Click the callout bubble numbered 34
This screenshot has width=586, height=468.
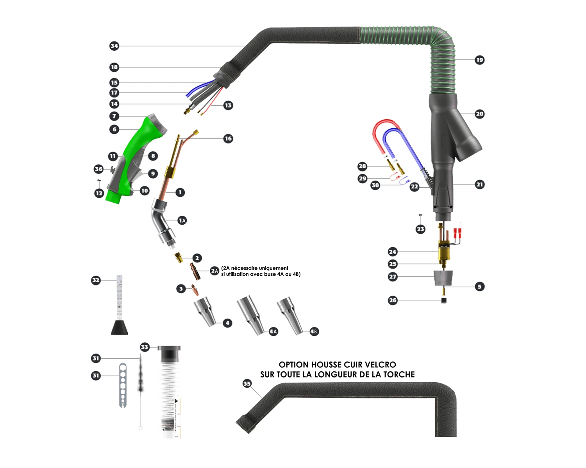[x=114, y=46]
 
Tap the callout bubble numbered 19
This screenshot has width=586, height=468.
[x=479, y=60]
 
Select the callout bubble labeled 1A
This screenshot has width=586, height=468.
[x=182, y=220]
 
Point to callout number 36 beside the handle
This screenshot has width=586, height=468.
[x=98, y=169]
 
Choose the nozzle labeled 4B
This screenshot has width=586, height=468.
[x=291, y=315]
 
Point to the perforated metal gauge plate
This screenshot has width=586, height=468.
[x=123, y=385]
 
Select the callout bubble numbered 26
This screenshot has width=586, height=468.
[x=393, y=300]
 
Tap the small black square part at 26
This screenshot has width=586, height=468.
[x=444, y=301]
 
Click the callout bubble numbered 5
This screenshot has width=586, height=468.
[x=479, y=287]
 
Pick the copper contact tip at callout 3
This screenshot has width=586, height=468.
[x=195, y=289]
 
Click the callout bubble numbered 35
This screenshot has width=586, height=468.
[x=247, y=383]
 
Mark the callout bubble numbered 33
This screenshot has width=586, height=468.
[x=145, y=347]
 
